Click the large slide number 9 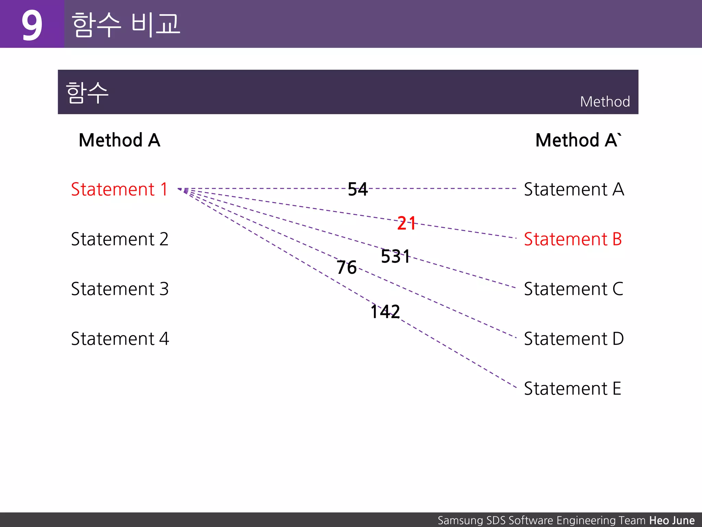(x=32, y=25)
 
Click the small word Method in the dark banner (x=605, y=102)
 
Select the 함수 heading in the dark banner (x=87, y=93)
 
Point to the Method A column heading (x=119, y=140)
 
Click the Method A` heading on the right (x=578, y=140)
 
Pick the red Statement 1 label (x=119, y=189)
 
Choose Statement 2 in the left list (x=120, y=239)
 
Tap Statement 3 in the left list (x=120, y=289)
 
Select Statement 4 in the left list (x=120, y=339)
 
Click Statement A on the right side (x=574, y=189)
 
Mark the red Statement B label (x=573, y=239)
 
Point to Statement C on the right (x=573, y=289)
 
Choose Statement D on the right (x=574, y=339)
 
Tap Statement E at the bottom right (x=572, y=389)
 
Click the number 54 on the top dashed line (x=358, y=189)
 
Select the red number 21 (x=407, y=223)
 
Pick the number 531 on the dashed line (x=396, y=256)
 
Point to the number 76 (x=347, y=267)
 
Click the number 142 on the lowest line (x=385, y=312)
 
